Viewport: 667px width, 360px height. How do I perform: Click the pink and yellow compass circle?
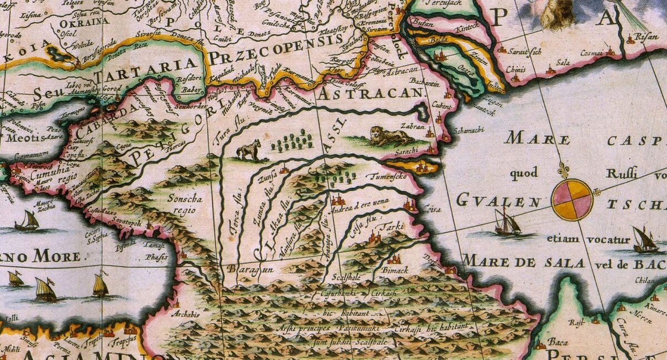tap(573, 199)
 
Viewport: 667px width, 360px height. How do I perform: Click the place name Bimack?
tap(396, 269)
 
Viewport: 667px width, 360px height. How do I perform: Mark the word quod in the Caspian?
tap(524, 174)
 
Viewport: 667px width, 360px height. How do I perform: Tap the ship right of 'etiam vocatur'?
tap(645, 240)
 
